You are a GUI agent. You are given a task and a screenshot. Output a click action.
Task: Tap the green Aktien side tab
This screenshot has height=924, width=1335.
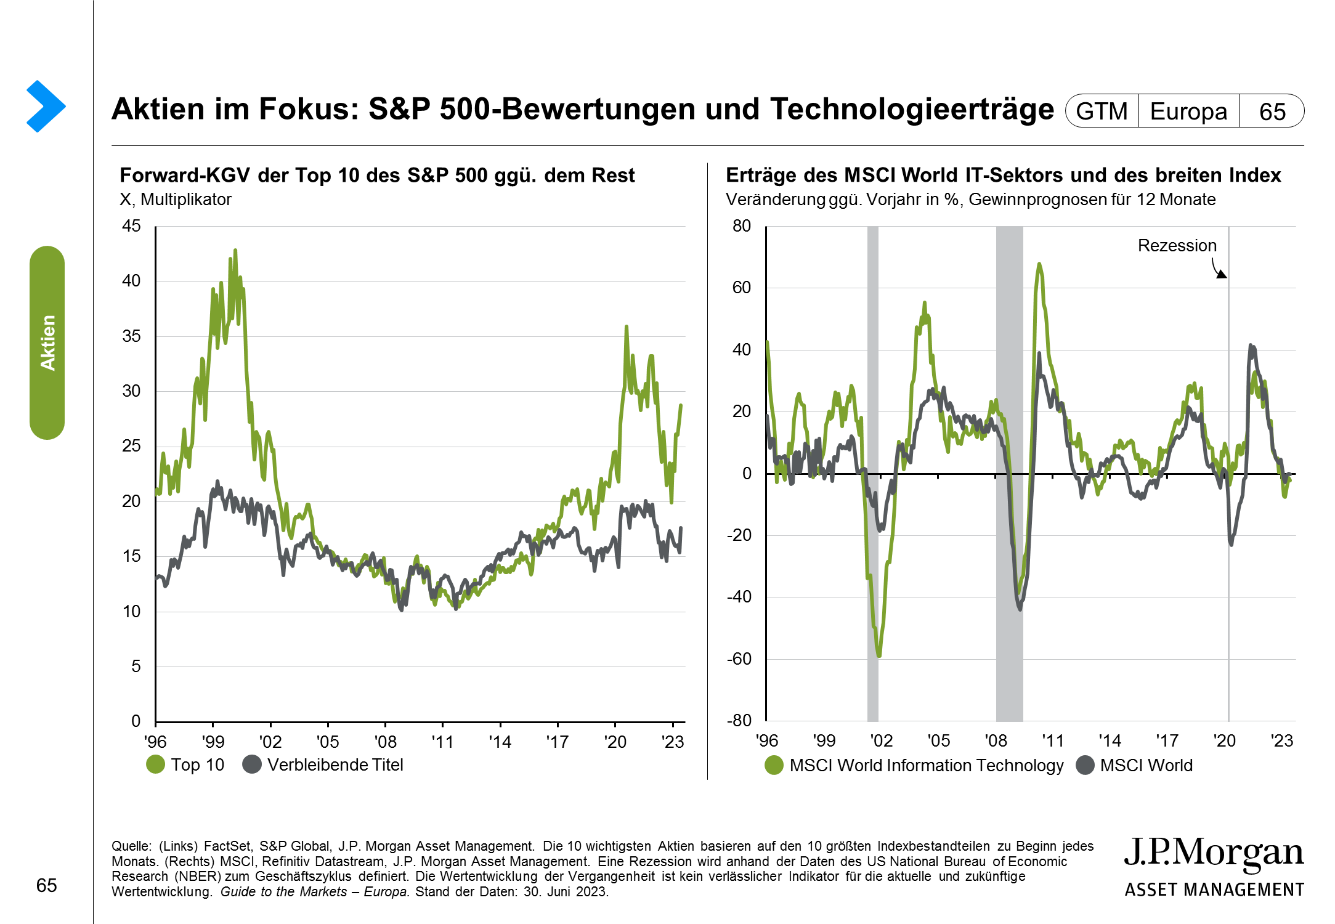point(47,342)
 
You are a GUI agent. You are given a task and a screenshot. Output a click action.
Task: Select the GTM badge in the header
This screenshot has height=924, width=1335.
point(1102,111)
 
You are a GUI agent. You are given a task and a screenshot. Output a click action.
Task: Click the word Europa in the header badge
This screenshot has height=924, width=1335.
point(1188,111)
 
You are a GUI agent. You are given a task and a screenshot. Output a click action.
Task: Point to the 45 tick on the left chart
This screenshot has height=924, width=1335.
point(131,226)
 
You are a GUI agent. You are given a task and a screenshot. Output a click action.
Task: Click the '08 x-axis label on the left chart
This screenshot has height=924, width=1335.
point(385,742)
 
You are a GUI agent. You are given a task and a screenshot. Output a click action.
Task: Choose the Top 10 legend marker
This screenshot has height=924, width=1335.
point(156,764)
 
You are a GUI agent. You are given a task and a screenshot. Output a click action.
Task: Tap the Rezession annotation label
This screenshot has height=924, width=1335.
point(1177,246)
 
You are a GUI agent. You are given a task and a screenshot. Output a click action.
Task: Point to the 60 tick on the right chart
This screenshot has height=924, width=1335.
point(742,288)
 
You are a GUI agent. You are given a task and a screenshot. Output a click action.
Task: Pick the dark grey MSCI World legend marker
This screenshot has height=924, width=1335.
point(1085,766)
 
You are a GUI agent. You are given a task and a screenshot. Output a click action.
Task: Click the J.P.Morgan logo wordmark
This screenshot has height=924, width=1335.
point(1213,854)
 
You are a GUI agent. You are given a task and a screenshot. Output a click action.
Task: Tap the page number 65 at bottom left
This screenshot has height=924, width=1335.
point(47,885)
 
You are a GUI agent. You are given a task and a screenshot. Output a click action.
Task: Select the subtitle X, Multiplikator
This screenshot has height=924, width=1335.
point(176,200)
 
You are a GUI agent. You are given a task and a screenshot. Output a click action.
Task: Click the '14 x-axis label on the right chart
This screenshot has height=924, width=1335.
point(1110,740)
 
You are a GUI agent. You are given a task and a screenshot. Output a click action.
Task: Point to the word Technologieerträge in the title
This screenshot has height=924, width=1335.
point(912,109)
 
